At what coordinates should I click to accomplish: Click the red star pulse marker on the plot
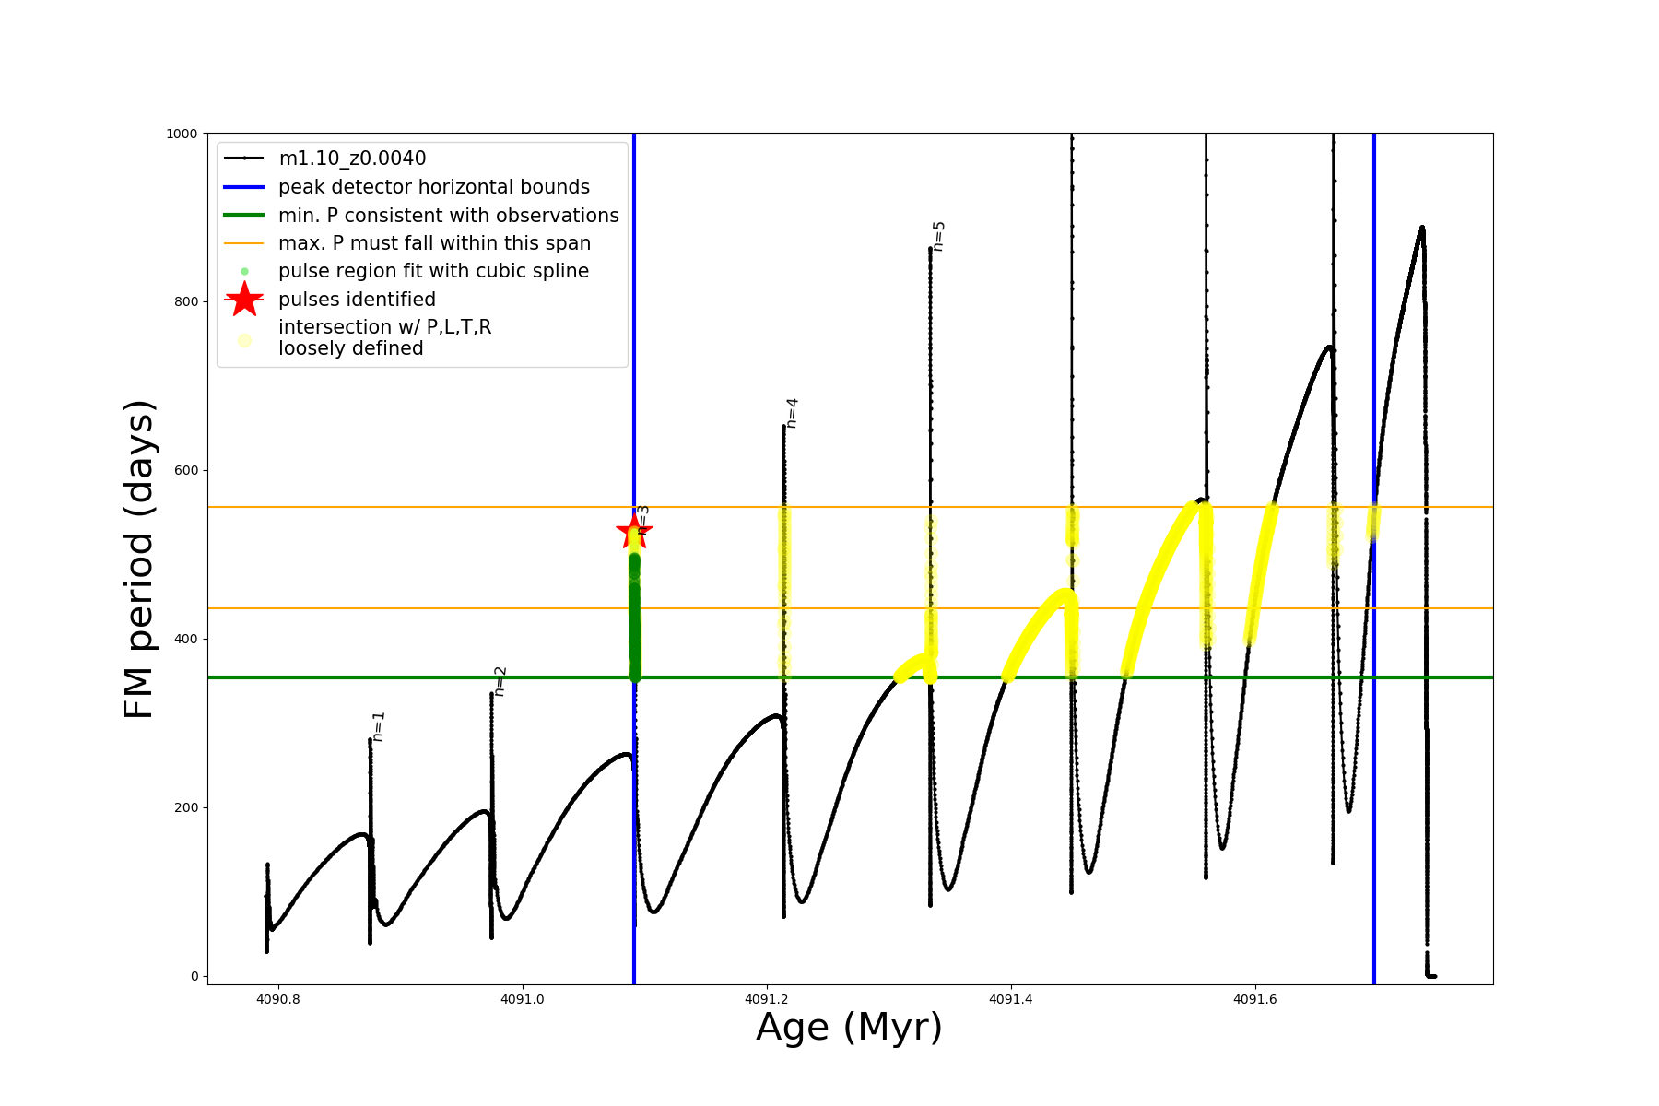pos(634,531)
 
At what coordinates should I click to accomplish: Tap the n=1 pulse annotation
pos(378,726)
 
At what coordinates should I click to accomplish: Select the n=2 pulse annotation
pos(500,681)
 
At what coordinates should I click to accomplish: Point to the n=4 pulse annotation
pos(792,413)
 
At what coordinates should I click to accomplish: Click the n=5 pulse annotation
pos(938,236)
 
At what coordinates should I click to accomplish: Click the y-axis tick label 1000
pos(182,134)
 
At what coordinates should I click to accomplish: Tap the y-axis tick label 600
pos(187,471)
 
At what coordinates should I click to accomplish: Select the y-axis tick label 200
pos(187,807)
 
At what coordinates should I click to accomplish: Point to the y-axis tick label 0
pos(194,976)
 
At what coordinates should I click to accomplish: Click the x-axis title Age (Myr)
pos(849,1028)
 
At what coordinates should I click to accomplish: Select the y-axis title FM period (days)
pos(138,559)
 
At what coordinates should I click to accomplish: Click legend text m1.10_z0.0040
pos(352,159)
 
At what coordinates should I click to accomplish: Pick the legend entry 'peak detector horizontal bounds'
pos(433,187)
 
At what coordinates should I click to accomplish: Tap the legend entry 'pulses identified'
pos(357,300)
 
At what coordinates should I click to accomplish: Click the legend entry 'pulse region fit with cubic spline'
pos(433,271)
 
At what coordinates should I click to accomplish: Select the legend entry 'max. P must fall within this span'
pos(434,243)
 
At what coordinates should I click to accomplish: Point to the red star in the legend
pos(244,300)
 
